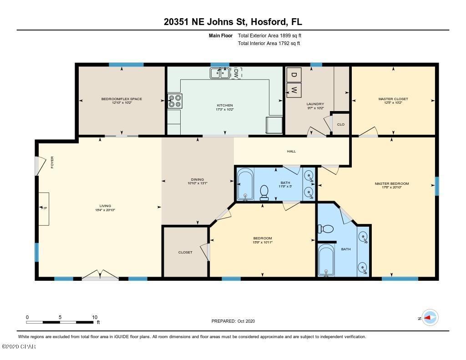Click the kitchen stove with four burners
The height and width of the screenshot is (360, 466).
pyautogui.click(x=175, y=101)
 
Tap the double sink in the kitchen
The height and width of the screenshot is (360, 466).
pyautogui.click(x=220, y=73)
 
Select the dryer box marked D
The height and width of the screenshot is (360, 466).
pyautogui.click(x=294, y=75)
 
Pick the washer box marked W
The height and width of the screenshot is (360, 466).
pyautogui.click(x=294, y=90)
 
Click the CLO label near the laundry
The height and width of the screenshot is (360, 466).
pyautogui.click(x=340, y=124)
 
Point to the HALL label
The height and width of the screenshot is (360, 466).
pyautogui.click(x=291, y=151)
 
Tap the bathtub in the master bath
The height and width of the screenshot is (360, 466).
pyautogui.click(x=326, y=260)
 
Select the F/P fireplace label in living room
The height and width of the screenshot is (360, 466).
pyautogui.click(x=44, y=208)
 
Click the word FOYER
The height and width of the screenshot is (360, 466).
pyautogui.click(x=52, y=162)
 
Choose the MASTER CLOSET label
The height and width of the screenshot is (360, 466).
pyautogui.click(x=393, y=99)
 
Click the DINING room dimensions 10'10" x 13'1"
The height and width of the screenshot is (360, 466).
pyautogui.click(x=198, y=183)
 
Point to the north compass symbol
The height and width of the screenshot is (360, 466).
pyautogui.click(x=430, y=318)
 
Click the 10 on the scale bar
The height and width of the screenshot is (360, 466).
pyautogui.click(x=95, y=317)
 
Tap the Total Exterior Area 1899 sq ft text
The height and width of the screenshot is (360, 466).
pyautogui.click(x=270, y=35)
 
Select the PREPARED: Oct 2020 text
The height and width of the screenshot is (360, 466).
pyautogui.click(x=233, y=321)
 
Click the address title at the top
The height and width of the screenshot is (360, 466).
pyautogui.click(x=233, y=21)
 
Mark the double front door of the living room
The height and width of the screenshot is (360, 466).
pyautogui.click(x=100, y=275)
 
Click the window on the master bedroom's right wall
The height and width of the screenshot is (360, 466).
pyautogui.click(x=436, y=186)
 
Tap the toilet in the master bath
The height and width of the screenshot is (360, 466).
pyautogui.click(x=327, y=228)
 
